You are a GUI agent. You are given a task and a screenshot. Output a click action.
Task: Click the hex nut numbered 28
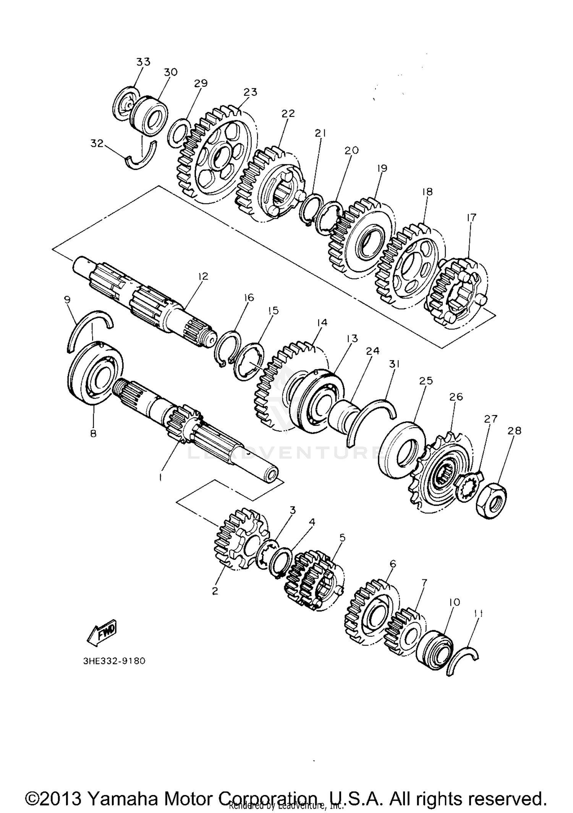point(492,500)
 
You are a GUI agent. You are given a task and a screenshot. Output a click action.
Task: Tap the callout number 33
point(143,62)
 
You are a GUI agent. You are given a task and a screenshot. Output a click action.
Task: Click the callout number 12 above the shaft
point(203,276)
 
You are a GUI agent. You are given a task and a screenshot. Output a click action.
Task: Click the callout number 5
point(342,538)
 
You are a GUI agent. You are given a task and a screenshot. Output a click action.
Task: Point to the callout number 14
point(322,323)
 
